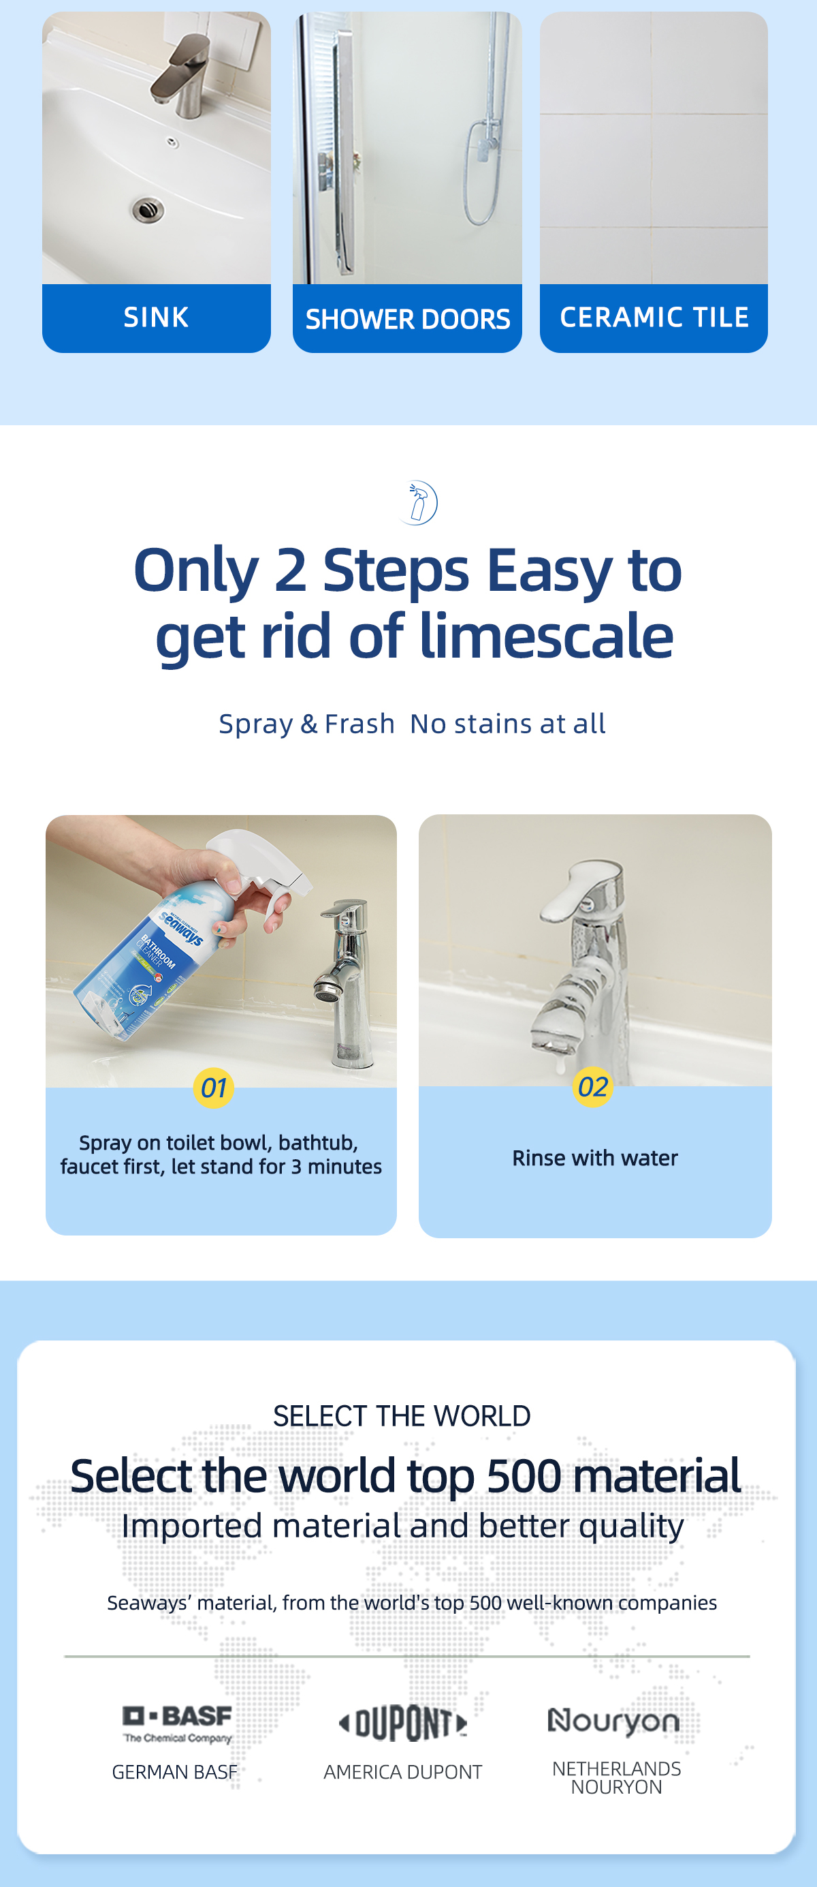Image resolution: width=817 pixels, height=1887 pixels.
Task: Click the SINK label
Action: (x=156, y=317)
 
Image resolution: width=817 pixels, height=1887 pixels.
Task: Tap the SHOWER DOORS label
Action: (x=408, y=320)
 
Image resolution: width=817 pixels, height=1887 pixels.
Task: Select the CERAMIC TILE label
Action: (x=654, y=317)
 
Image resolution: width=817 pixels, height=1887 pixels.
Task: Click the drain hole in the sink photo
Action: (x=148, y=211)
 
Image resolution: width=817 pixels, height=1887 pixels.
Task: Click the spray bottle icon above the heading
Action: (x=418, y=502)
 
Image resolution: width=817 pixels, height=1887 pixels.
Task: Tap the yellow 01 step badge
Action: (x=214, y=1088)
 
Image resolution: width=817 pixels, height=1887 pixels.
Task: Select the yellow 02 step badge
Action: (x=593, y=1086)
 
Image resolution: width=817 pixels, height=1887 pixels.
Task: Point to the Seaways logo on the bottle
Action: (x=181, y=929)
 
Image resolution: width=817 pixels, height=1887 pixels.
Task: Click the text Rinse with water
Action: (x=595, y=1158)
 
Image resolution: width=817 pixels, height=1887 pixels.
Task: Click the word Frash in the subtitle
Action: (x=359, y=724)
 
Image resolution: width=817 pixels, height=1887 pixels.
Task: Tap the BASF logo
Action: (x=177, y=1723)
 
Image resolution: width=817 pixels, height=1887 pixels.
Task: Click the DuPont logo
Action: (x=402, y=1722)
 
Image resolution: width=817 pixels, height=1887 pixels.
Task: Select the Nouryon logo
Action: (x=613, y=1721)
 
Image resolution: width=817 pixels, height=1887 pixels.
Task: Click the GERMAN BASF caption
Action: (x=175, y=1772)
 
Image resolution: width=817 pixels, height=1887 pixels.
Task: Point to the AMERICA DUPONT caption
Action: (x=403, y=1772)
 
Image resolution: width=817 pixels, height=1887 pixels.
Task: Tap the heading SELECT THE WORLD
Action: (x=402, y=1416)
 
